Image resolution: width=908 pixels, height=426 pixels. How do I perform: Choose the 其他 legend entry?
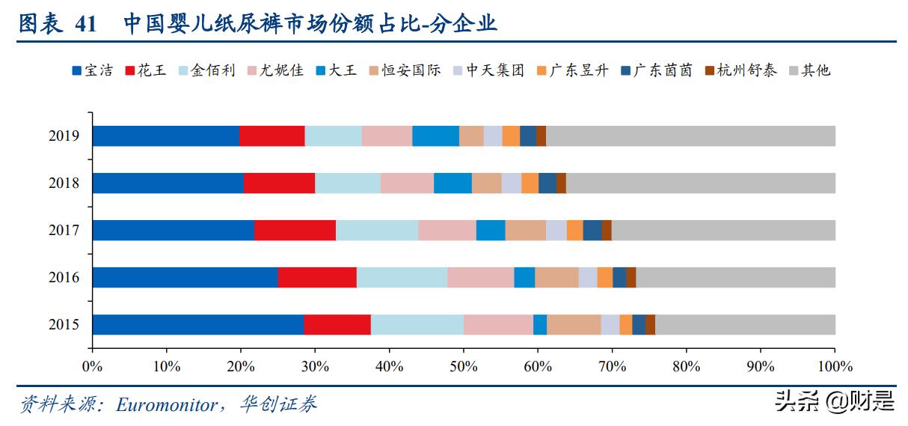pos(809,71)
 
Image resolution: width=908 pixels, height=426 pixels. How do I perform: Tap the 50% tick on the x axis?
pos(463,367)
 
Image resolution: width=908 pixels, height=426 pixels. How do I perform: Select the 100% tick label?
pos(835,367)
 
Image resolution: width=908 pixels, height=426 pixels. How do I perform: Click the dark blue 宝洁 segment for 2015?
pos(197,325)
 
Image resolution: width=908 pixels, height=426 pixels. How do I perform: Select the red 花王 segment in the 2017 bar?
pos(295,231)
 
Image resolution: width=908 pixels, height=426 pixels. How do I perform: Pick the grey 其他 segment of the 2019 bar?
pos(690,136)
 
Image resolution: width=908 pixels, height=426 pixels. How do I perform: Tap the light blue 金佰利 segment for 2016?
pos(402,278)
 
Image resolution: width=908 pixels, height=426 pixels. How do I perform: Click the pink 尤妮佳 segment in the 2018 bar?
pos(407,183)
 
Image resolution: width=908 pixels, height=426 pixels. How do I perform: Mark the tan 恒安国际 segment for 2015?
pos(574,325)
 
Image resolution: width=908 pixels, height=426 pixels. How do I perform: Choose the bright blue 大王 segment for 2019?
pos(435,136)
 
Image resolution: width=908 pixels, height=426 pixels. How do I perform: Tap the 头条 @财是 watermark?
pos(835,401)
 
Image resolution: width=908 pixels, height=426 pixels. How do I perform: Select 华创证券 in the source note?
pos(278,404)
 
